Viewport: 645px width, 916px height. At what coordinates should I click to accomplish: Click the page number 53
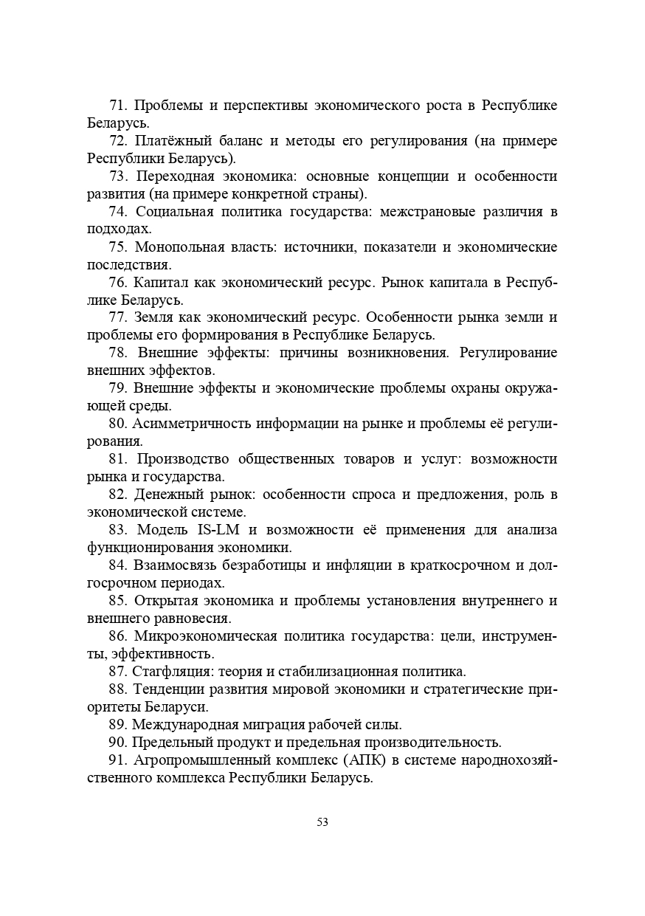tap(322, 822)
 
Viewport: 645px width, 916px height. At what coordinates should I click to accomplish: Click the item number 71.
tap(118, 106)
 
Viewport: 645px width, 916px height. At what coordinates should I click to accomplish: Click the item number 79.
tap(118, 388)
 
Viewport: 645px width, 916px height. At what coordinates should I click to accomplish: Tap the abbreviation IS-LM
tap(221, 530)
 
